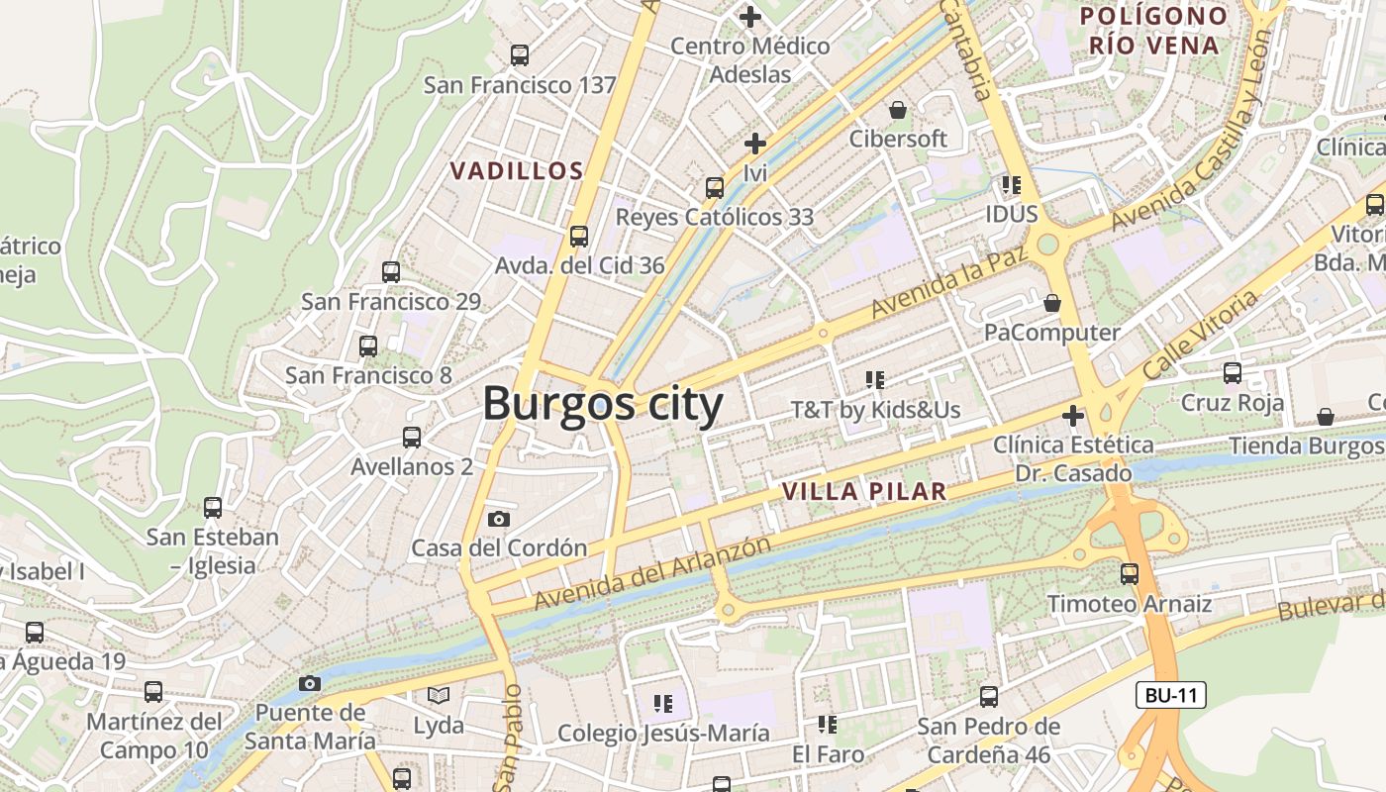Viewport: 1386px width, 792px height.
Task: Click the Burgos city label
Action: [x=603, y=405]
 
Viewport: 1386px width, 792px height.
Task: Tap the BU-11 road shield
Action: [x=1171, y=695]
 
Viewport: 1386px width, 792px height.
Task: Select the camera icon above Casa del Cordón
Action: [x=499, y=519]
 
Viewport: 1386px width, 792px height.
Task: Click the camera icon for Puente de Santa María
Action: [x=310, y=683]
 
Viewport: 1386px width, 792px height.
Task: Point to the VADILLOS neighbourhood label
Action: [x=517, y=171]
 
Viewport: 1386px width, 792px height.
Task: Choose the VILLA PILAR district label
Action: [x=863, y=491]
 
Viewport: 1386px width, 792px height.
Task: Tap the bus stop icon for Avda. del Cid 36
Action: [x=579, y=237]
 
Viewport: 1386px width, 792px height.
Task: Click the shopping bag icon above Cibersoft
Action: [x=898, y=109]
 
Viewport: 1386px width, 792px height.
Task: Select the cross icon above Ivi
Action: [x=755, y=144]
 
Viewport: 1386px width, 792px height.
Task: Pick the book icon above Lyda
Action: [x=439, y=696]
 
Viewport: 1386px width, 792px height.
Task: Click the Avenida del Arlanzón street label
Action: [x=652, y=573]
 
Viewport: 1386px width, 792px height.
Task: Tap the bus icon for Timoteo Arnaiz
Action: [x=1130, y=574]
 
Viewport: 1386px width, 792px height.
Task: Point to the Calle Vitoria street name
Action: [x=1200, y=335]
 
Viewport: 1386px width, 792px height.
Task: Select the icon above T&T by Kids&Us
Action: [x=874, y=379]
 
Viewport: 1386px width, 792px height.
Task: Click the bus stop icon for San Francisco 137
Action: [x=520, y=55]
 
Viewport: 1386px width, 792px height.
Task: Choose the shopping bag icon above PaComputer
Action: [x=1052, y=303]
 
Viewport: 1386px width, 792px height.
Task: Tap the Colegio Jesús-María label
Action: [x=663, y=734]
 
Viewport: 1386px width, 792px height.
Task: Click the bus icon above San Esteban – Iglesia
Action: [x=213, y=508]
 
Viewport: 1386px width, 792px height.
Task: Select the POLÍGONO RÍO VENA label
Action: [x=1153, y=31]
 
